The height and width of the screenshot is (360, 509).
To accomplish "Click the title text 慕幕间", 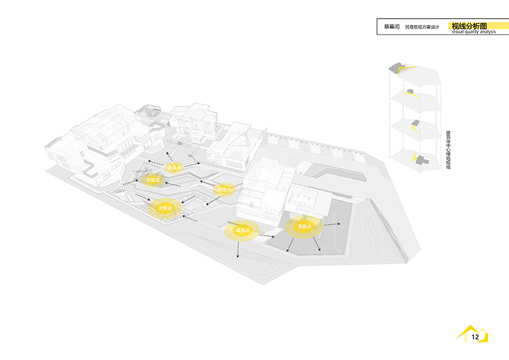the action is coord(391,27).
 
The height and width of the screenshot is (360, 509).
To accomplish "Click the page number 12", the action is coord(475,337).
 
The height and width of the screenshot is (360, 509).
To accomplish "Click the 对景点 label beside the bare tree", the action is coord(153,180).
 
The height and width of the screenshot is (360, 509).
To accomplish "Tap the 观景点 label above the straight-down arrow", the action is coord(243,230).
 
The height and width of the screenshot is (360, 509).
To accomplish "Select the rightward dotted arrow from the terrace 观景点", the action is coord(332,224).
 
